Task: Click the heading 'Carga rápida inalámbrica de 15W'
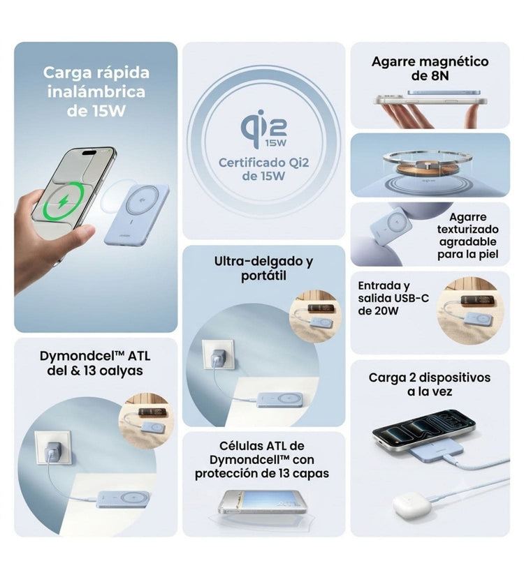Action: (96, 91)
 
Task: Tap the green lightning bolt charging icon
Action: (64, 202)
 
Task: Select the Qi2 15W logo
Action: (263, 129)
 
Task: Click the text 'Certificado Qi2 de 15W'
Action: (263, 169)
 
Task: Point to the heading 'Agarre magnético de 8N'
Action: (430, 68)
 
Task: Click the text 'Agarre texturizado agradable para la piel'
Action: (467, 235)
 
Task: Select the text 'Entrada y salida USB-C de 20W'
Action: (393, 298)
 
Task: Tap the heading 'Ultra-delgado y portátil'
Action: (263, 268)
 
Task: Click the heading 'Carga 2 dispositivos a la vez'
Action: (430, 384)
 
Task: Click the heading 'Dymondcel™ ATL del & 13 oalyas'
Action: (95, 363)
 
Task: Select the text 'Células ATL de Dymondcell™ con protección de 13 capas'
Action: (262, 459)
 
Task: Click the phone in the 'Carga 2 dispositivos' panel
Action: (424, 429)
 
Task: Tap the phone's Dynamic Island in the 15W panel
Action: (89, 153)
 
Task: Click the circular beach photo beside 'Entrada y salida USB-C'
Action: (470, 311)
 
